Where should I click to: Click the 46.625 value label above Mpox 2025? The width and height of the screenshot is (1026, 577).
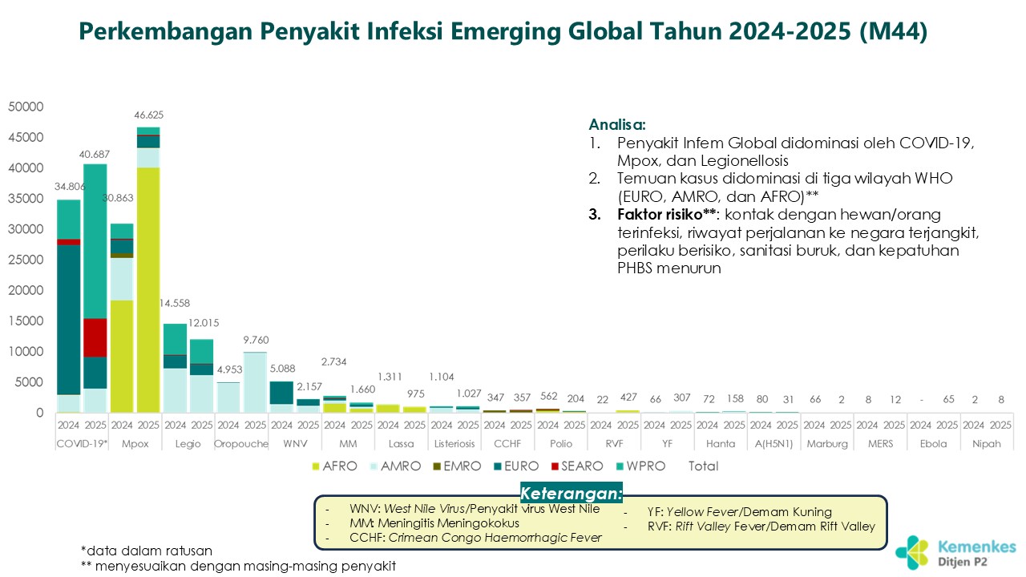point(148,115)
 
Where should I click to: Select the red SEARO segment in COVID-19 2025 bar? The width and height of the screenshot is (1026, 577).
point(95,337)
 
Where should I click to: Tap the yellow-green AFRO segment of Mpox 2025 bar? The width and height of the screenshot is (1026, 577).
point(148,288)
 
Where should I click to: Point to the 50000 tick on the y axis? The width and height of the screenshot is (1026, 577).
point(26,107)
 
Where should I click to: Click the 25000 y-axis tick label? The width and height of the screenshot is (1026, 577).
point(26,260)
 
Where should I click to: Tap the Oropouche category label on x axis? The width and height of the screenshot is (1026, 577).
point(241,443)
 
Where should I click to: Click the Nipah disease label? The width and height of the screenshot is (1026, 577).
point(987,443)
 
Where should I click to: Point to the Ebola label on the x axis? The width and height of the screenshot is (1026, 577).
point(934,443)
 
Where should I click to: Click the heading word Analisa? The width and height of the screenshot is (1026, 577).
point(617,125)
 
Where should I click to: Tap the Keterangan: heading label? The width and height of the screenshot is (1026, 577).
point(571,492)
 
